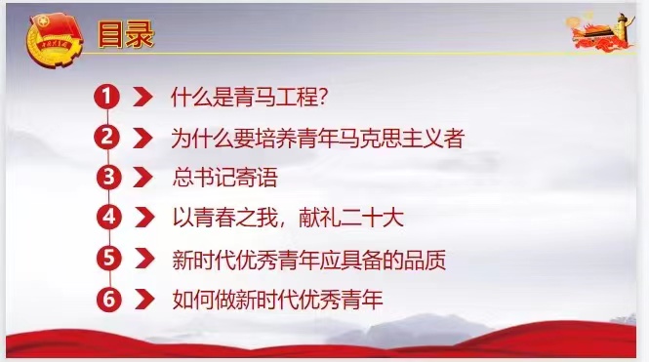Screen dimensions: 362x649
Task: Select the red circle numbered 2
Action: pos(107,137)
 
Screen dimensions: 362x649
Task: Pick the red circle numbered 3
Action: pos(107,177)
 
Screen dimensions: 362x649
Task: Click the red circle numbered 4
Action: pos(107,218)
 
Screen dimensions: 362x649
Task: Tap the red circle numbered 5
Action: pos(107,259)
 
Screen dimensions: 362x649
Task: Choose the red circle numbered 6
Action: pos(107,299)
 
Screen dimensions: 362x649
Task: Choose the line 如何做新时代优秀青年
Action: pos(276,300)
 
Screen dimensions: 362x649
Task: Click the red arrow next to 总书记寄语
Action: pos(142,178)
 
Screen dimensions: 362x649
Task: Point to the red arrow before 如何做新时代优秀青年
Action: pos(142,300)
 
